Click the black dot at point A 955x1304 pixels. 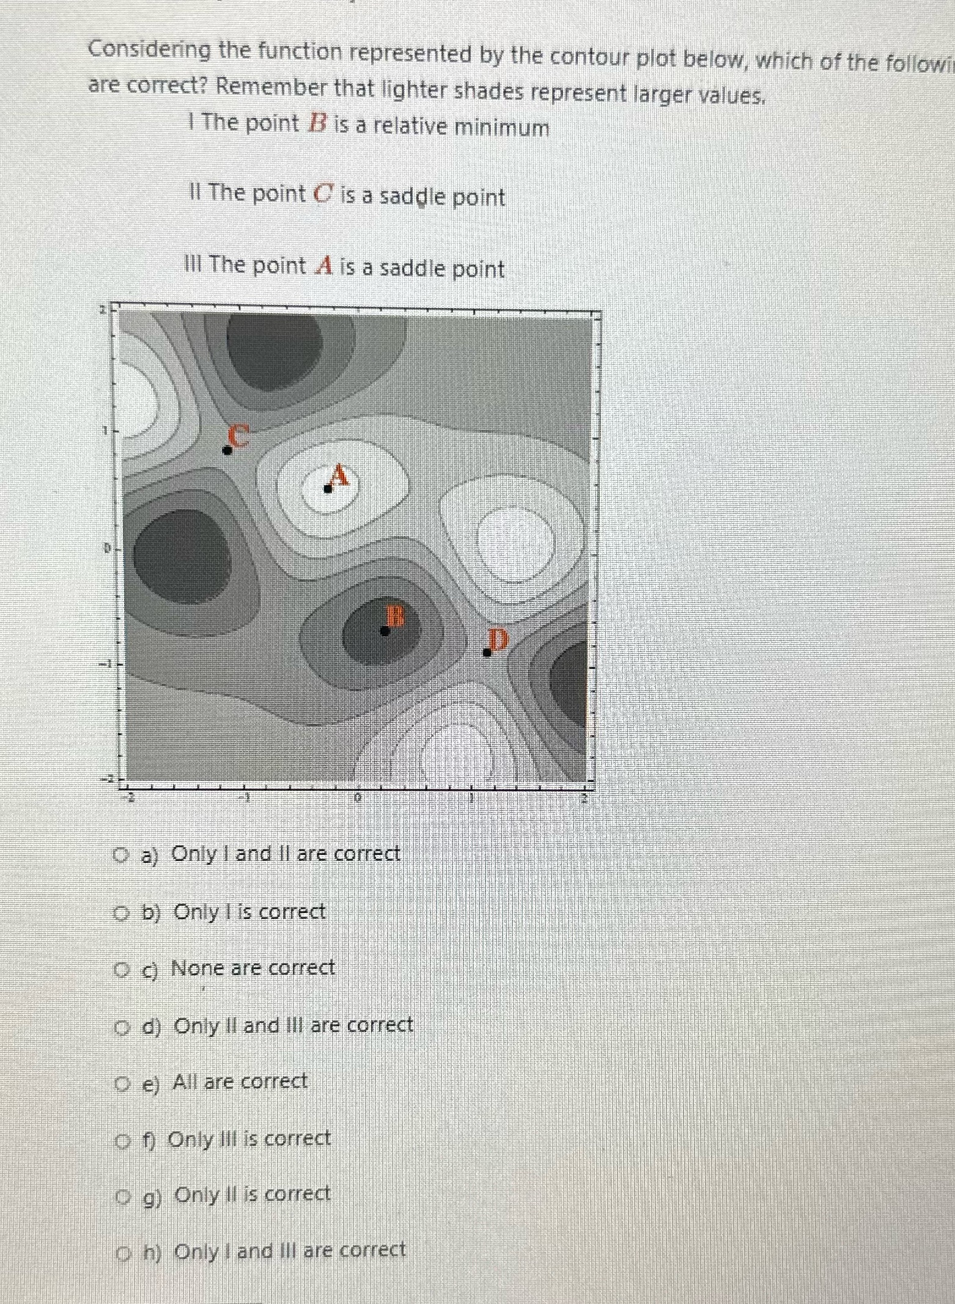click(x=328, y=488)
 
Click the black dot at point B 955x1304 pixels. click(x=385, y=631)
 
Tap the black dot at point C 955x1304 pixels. click(x=227, y=450)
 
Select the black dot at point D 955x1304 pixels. click(x=487, y=652)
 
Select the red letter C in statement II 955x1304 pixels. click(x=322, y=194)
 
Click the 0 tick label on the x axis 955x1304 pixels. click(x=358, y=798)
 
